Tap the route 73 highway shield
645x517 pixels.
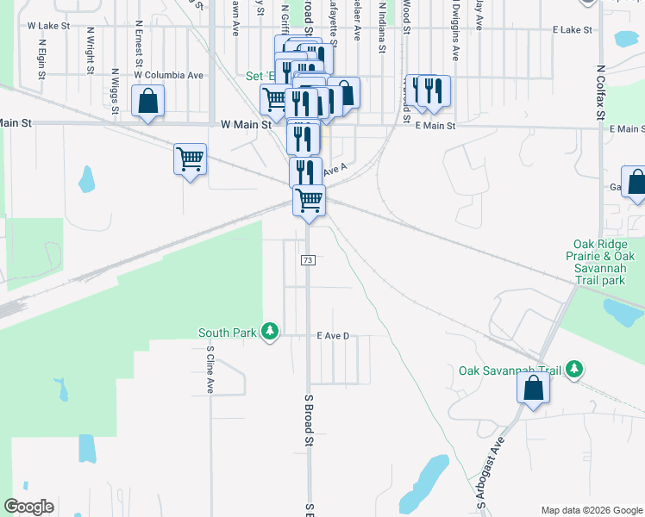point(308,259)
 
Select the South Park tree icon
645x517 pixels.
point(271,332)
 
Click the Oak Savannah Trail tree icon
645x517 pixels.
point(575,371)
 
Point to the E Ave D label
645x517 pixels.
point(332,335)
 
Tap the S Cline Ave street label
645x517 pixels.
point(210,370)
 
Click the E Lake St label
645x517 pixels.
point(573,29)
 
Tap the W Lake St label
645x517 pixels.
point(48,26)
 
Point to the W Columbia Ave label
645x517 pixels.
point(168,75)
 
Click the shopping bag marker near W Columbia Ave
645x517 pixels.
point(147,102)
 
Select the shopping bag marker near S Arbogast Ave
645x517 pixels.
point(534,388)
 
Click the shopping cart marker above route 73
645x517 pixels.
point(310,201)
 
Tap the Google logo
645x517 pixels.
point(28,507)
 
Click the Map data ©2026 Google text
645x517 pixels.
point(592,510)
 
